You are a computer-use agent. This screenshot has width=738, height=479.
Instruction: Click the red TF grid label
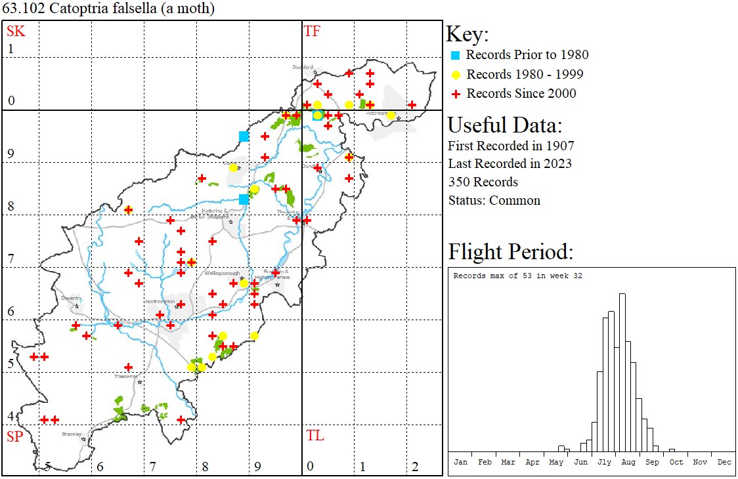[312, 30]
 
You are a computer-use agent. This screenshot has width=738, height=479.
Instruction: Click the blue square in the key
[454, 55]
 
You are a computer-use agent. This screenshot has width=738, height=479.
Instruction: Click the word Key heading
[467, 35]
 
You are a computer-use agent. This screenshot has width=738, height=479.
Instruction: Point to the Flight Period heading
[511, 251]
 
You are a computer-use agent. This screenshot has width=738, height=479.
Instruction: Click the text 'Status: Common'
[494, 201]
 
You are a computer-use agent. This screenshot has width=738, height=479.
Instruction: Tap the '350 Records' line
[483, 182]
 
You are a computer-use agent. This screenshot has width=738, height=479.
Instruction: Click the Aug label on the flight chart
[628, 462]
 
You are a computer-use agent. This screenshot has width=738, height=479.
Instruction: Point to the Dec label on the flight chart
[724, 462]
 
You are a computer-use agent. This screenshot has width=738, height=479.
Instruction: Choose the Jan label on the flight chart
[461, 462]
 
